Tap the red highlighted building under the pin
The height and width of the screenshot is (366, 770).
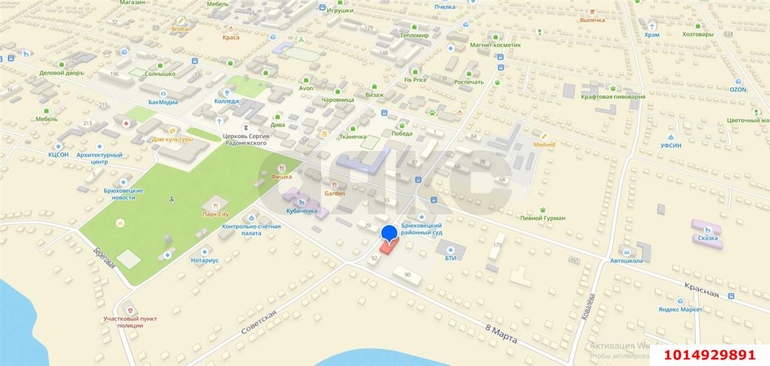tap(388, 247)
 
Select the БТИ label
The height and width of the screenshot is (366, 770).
tap(451, 258)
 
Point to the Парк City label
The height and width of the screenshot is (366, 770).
tap(215, 214)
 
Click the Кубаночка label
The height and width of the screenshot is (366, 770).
tap(302, 211)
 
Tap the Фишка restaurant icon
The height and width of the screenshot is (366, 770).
tap(281, 168)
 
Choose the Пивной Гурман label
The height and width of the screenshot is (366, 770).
tap(543, 218)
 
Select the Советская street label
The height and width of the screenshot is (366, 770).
tap(259, 323)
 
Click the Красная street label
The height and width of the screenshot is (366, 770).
tap(701, 288)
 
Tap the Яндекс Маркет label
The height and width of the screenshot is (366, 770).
tap(680, 309)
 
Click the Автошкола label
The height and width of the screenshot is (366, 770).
tap(626, 260)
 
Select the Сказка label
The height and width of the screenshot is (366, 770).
tap(708, 238)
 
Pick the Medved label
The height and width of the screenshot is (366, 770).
tap(544, 144)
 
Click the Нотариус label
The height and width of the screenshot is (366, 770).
tap(205, 260)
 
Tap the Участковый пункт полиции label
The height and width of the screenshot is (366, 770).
tap(131, 322)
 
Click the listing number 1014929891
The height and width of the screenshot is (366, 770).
tap(710, 355)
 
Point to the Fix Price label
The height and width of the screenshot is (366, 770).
tap(414, 79)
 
